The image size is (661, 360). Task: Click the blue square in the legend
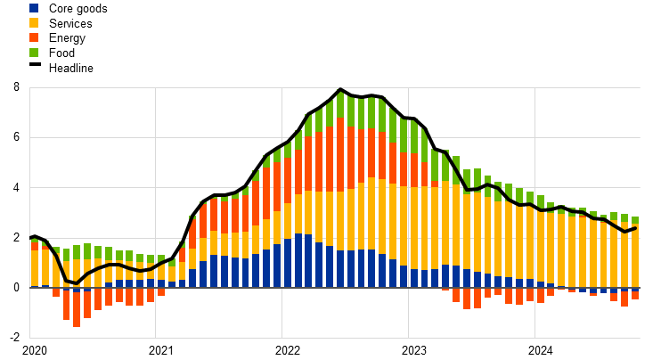pyautogui.click(x=34, y=8)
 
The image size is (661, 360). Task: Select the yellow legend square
pyautogui.click(x=34, y=22)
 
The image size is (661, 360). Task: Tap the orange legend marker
pyautogui.click(x=34, y=37)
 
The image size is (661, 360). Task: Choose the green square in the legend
pyautogui.click(x=34, y=53)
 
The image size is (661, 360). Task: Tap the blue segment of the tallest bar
pyautogui.click(x=339, y=269)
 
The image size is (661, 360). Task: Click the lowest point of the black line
pyautogui.click(x=74, y=283)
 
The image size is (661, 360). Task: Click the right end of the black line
pyautogui.click(x=635, y=228)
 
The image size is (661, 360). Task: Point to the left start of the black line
pyautogui.click(x=32, y=238)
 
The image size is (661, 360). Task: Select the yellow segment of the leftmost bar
pyautogui.click(x=35, y=267)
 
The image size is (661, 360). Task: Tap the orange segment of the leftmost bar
pyautogui.click(x=35, y=245)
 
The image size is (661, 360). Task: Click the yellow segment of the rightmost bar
pyautogui.click(x=635, y=255)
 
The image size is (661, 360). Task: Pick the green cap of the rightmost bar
pyautogui.click(x=635, y=220)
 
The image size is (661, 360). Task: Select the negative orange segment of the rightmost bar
pyautogui.click(x=635, y=295)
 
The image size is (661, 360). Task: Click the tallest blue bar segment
pyautogui.click(x=298, y=260)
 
